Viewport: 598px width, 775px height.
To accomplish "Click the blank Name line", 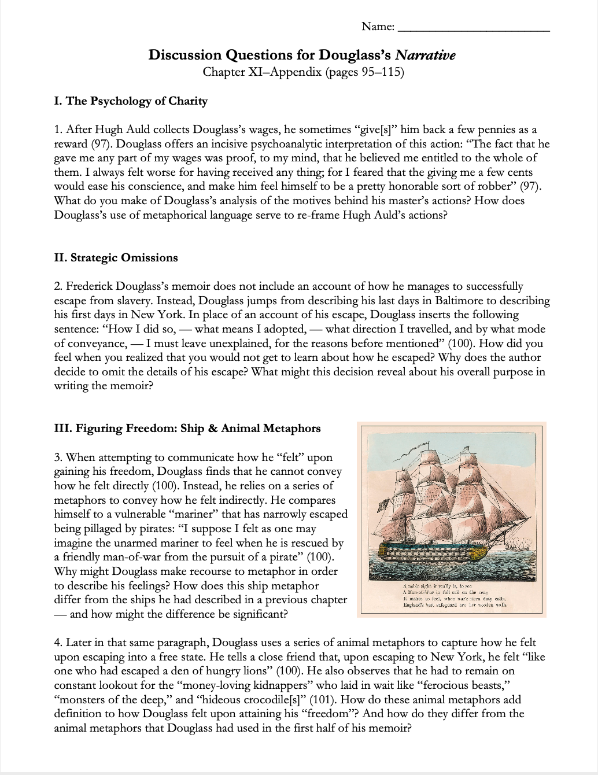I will pos(474,27).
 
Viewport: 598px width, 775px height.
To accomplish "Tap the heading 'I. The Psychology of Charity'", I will pos(130,101).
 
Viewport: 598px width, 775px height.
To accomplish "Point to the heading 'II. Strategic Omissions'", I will pos(116,258).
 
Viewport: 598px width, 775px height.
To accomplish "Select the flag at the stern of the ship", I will pos(382,508).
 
